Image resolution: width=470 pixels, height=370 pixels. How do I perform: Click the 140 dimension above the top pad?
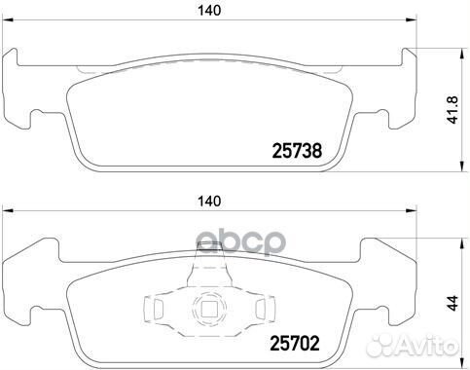209,11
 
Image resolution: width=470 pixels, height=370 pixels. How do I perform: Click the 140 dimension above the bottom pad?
209,202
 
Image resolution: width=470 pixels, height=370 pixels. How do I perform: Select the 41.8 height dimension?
452,110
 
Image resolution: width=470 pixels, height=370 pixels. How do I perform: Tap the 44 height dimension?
452,303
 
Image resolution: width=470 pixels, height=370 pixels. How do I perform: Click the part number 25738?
297,151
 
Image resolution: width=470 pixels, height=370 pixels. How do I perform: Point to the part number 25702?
295,343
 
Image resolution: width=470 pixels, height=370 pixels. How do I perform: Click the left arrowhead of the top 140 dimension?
7,20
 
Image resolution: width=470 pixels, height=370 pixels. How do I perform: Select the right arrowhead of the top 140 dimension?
412,20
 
